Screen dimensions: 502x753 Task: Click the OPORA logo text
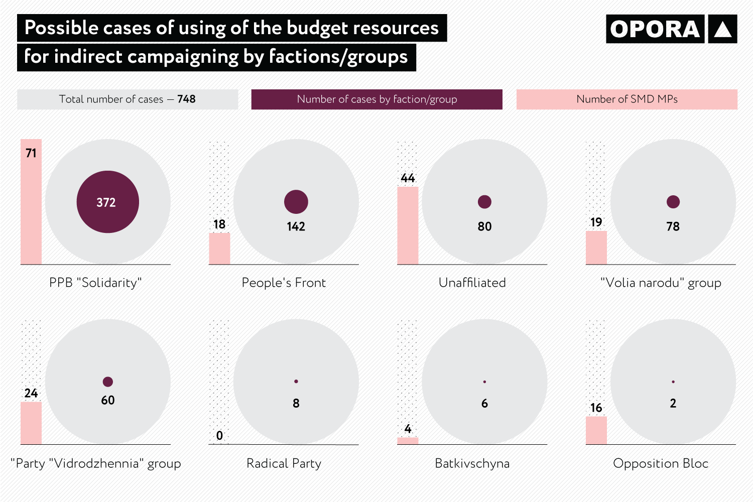pyautogui.click(x=655, y=29)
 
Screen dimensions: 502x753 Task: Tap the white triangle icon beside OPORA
pyautogui.click(x=722, y=29)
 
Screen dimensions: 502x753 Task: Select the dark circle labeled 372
pyautogui.click(x=107, y=202)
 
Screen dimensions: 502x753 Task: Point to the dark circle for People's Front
pyautogui.click(x=296, y=202)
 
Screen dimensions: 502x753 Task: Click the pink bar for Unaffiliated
pyautogui.click(x=408, y=225)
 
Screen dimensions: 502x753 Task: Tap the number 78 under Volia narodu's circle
pyautogui.click(x=673, y=226)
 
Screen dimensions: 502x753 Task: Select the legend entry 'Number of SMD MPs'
pyautogui.click(x=626, y=99)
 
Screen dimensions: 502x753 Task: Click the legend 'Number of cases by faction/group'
pyautogui.click(x=376, y=99)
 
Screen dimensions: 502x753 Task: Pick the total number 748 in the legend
pyautogui.click(x=186, y=99)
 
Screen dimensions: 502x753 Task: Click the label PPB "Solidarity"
pyautogui.click(x=95, y=283)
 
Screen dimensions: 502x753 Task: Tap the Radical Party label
pyautogui.click(x=284, y=463)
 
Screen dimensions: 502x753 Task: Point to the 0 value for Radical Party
pyautogui.click(x=219, y=436)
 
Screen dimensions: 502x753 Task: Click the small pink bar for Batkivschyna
pyautogui.click(x=408, y=441)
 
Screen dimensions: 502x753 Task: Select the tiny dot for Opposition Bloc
pyautogui.click(x=673, y=382)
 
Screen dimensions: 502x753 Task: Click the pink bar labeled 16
pyautogui.click(x=596, y=430)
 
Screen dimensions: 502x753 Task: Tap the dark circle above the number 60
pyautogui.click(x=108, y=382)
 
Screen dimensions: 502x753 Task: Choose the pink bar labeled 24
pyautogui.click(x=31, y=423)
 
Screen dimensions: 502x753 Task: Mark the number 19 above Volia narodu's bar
pyautogui.click(x=596, y=222)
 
